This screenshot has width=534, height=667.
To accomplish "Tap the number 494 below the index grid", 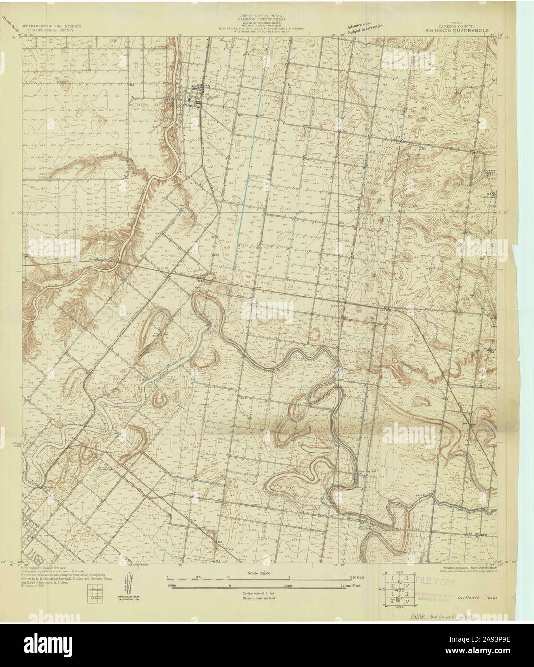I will [x=398, y=607].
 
